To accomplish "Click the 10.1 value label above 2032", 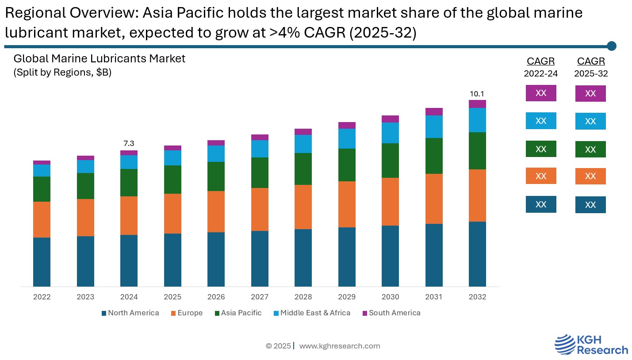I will (477, 94).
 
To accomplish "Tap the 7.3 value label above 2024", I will (129, 144).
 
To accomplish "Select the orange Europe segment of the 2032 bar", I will (477, 195).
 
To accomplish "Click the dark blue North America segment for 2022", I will (42, 262).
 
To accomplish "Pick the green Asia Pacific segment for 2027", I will (260, 172).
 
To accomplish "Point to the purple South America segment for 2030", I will (390, 119).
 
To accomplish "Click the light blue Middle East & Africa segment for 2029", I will (347, 138).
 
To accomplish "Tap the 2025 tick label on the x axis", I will (172, 297).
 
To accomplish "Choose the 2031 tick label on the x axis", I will (434, 297).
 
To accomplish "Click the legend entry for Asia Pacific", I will (238, 313).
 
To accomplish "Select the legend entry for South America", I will (391, 313).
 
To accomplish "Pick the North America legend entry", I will (130, 313).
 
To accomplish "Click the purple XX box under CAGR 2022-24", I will (540, 93).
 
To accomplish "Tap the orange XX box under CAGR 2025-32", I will (590, 176).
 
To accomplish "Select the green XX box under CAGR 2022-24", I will (540, 149).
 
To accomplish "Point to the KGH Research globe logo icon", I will (564, 345).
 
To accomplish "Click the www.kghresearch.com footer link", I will (339, 346).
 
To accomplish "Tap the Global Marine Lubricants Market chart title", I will (100, 58).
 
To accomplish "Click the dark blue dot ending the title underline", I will (612, 46).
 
